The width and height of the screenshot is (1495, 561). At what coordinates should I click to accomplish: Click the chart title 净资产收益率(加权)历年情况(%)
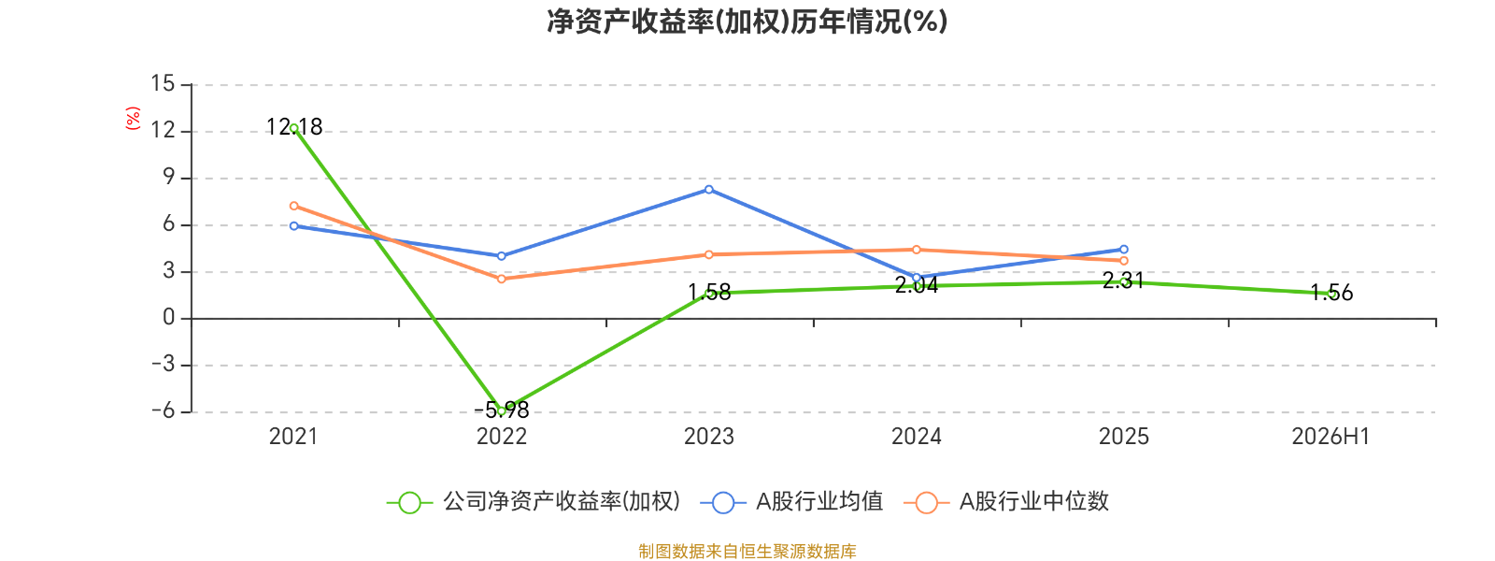pyautogui.click(x=747, y=22)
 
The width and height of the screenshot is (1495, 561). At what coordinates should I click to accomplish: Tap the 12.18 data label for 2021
pyautogui.click(x=294, y=127)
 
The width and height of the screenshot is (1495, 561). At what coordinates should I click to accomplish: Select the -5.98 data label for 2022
pyautogui.click(x=502, y=410)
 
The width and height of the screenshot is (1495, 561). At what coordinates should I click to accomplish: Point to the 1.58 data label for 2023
pyautogui.click(x=709, y=293)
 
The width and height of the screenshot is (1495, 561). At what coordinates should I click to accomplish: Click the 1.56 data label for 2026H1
pyautogui.click(x=1331, y=293)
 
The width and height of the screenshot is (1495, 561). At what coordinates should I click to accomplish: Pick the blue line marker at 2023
pyautogui.click(x=709, y=190)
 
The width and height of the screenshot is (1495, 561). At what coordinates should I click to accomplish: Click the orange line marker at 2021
pyautogui.click(x=294, y=206)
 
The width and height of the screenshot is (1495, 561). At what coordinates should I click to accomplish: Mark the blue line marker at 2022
pyautogui.click(x=501, y=256)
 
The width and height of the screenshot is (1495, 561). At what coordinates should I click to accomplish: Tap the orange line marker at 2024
pyautogui.click(x=917, y=250)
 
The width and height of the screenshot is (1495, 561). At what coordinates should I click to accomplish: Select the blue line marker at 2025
pyautogui.click(x=1124, y=249)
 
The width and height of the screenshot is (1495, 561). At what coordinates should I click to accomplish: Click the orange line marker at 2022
pyautogui.click(x=501, y=279)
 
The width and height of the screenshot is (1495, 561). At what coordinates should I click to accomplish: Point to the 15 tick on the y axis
pyautogui.click(x=163, y=83)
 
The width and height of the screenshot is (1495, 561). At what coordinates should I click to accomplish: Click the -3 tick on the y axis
pyautogui.click(x=163, y=365)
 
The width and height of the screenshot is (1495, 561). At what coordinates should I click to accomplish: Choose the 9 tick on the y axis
pyautogui.click(x=169, y=177)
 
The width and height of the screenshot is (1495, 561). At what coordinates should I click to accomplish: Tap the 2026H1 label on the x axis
pyautogui.click(x=1331, y=437)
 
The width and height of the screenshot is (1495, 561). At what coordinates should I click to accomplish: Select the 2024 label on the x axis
pyautogui.click(x=917, y=437)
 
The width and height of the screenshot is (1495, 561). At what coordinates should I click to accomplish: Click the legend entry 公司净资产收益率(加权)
pyautogui.click(x=534, y=501)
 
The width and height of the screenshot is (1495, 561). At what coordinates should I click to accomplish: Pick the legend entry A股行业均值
pyautogui.click(x=792, y=501)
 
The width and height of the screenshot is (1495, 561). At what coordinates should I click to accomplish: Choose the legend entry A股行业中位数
pyautogui.click(x=1006, y=501)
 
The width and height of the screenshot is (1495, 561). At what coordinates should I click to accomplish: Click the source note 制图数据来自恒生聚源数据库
pyautogui.click(x=747, y=551)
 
